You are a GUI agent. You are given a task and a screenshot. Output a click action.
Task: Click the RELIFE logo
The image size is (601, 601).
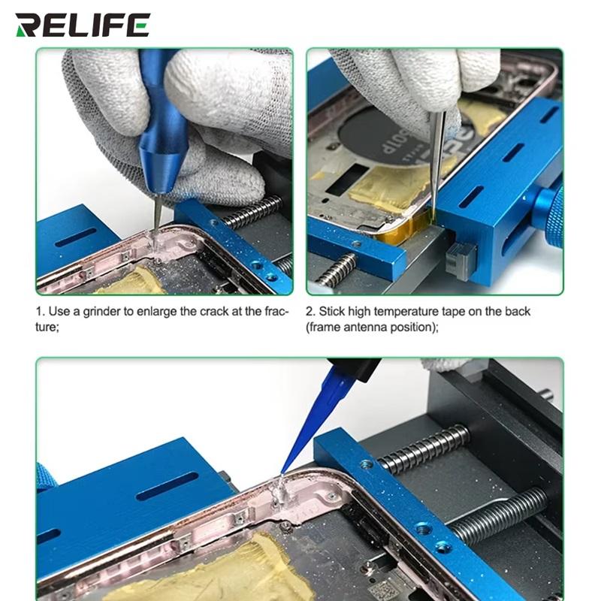point(83,25)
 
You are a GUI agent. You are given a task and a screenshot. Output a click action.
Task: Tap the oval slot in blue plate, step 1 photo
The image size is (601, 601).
point(76,237)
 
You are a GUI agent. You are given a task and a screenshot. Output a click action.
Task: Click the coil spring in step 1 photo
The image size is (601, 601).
point(252,212)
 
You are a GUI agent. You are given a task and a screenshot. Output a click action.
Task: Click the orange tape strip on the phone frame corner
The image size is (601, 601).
point(406,230)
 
